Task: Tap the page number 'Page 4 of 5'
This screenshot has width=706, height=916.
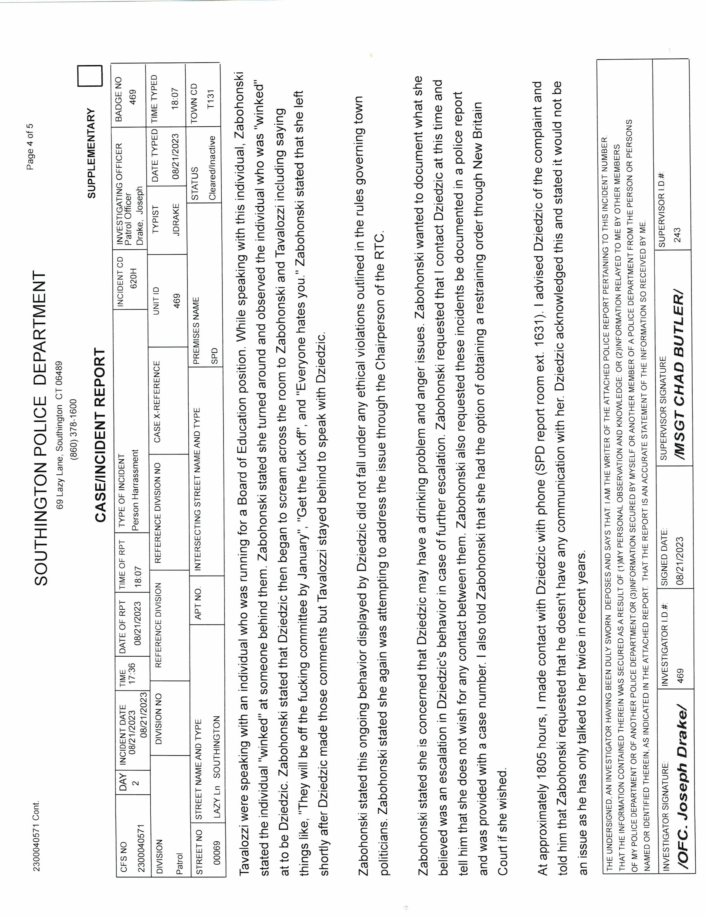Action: pyautogui.click(x=30, y=146)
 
